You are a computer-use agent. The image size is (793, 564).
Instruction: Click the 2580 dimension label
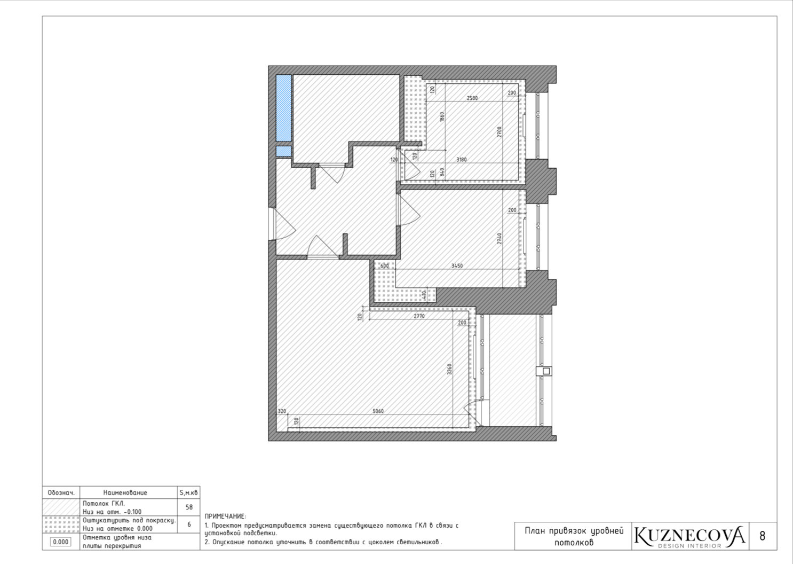pos(472,98)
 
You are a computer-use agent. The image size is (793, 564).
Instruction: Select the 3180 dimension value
pos(461,160)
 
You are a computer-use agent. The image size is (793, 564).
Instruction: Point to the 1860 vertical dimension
pos(441,117)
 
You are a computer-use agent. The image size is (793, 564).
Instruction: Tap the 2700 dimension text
pos(499,132)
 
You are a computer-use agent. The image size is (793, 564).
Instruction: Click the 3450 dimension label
pos(457,265)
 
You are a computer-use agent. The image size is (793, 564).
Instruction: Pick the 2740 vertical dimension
pos(499,238)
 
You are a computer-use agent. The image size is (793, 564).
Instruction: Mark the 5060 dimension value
pos(378,411)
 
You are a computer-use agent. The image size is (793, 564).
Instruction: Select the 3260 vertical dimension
pos(450,369)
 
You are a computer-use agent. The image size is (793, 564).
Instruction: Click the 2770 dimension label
pos(419,316)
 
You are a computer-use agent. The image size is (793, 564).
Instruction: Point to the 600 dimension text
pos(384,265)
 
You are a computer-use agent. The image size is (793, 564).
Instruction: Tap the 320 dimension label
pos(282,411)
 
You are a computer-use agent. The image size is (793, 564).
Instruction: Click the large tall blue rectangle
pos(283,108)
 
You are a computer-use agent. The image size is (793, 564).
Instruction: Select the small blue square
pos(283,151)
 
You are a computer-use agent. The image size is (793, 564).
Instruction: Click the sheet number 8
pos(763,536)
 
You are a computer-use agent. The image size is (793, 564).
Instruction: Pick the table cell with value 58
pos(189,507)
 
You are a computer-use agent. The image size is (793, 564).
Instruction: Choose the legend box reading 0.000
pos(60,542)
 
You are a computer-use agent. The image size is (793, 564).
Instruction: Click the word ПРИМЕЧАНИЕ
pos(225,516)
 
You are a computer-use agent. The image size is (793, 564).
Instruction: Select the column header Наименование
pos(125,492)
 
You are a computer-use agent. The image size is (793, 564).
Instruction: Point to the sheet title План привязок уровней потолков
pos(574,537)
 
